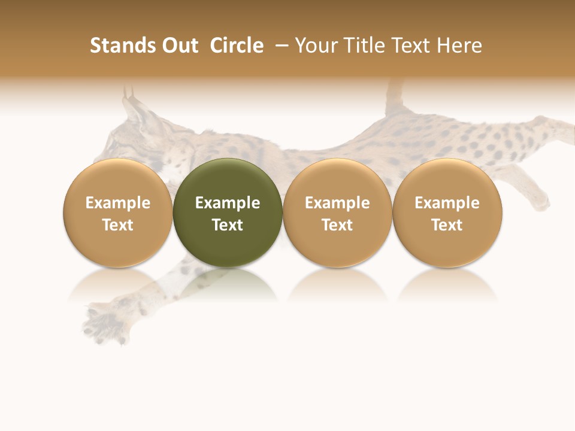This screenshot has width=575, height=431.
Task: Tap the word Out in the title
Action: tap(178, 45)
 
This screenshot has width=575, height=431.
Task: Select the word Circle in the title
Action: tap(237, 45)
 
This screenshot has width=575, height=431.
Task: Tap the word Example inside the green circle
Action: tap(228, 203)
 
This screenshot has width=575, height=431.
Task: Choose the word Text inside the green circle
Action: tap(228, 225)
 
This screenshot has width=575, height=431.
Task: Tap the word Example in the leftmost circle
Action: tap(118, 203)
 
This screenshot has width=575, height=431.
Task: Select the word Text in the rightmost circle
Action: tap(447, 225)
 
